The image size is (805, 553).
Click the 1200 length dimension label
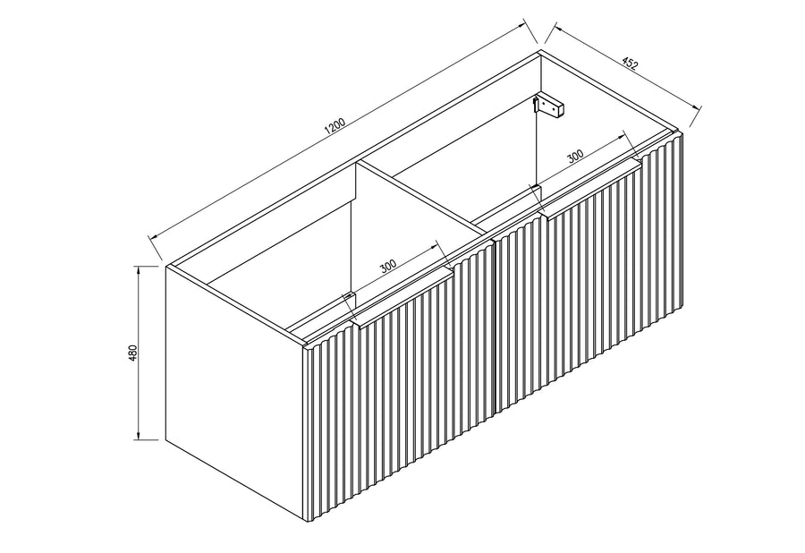pos(336,127)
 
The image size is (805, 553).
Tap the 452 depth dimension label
pos(630,64)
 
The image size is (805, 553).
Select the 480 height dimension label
pos(133,353)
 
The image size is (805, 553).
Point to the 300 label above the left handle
pos(389,266)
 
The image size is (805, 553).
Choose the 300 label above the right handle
pos(576,156)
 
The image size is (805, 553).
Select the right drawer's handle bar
pos(591,190)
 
